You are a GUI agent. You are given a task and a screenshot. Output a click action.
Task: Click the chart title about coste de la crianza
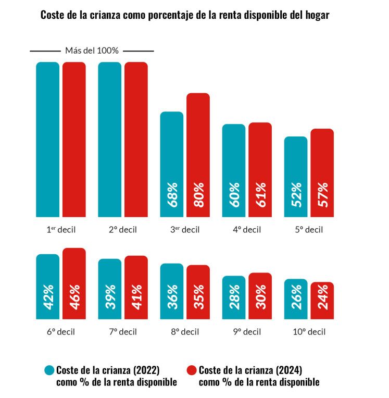pos(185,16)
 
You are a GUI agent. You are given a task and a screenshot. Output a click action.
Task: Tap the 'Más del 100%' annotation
pos(92,51)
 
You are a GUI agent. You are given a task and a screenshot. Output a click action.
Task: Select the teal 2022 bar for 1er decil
pos(47,139)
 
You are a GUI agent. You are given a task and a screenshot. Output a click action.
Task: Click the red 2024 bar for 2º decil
pos(136,139)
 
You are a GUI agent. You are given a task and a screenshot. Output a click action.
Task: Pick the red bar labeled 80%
pos(198,155)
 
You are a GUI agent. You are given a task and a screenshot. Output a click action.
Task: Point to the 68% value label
pos(172,194)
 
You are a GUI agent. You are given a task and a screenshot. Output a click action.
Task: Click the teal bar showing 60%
pos(234,170)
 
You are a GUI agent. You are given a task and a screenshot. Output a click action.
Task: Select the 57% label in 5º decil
pos(322,194)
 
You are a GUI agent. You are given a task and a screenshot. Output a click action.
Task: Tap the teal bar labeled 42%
pos(47,287)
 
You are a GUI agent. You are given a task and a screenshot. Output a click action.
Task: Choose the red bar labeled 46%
pos(74,283)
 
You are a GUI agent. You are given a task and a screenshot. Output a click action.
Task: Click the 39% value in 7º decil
pos(110,296)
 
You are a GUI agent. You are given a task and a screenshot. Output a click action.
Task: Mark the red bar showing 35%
pos(198,292)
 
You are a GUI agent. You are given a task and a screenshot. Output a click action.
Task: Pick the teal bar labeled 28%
pos(234,297)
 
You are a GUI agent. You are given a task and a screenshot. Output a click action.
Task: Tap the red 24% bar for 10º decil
pos(322,301)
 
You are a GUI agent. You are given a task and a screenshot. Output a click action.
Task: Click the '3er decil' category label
pos(184,229)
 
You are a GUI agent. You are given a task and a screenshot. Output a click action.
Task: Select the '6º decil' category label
pos(60,332)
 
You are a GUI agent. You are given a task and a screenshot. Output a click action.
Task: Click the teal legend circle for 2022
pos(49,370)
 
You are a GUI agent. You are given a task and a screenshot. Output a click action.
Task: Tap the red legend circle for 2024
pos(191,370)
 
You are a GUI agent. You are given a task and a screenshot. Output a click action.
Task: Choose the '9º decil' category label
pos(247,332)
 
